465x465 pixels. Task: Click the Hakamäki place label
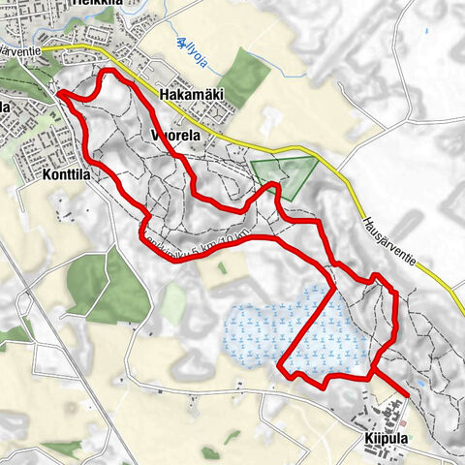click(189, 96)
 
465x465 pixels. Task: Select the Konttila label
click(67, 177)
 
